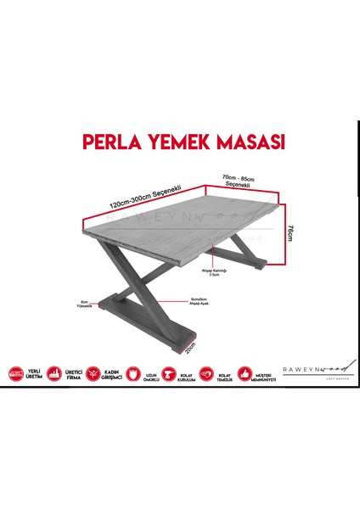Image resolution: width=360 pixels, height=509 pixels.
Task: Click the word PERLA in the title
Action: pos(107,139)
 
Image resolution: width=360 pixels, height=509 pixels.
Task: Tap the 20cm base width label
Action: pos(192,346)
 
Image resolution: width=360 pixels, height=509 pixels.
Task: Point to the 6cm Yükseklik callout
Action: pos(84,304)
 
